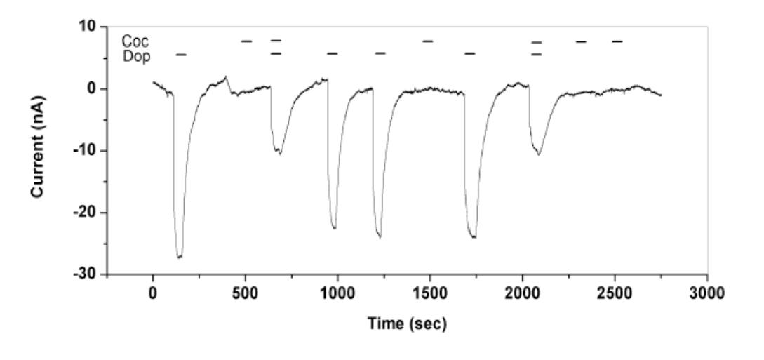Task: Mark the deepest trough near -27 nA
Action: pyautogui.click(x=180, y=257)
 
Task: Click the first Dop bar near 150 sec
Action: pyautogui.click(x=181, y=54)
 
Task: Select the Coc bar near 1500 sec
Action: pyautogui.click(x=428, y=41)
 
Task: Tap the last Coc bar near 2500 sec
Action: pyautogui.click(x=617, y=41)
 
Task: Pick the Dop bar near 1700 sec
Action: pyautogui.click(x=470, y=53)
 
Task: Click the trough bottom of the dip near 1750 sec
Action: pyautogui.click(x=474, y=237)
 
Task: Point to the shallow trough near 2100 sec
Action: pyautogui.click(x=538, y=154)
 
